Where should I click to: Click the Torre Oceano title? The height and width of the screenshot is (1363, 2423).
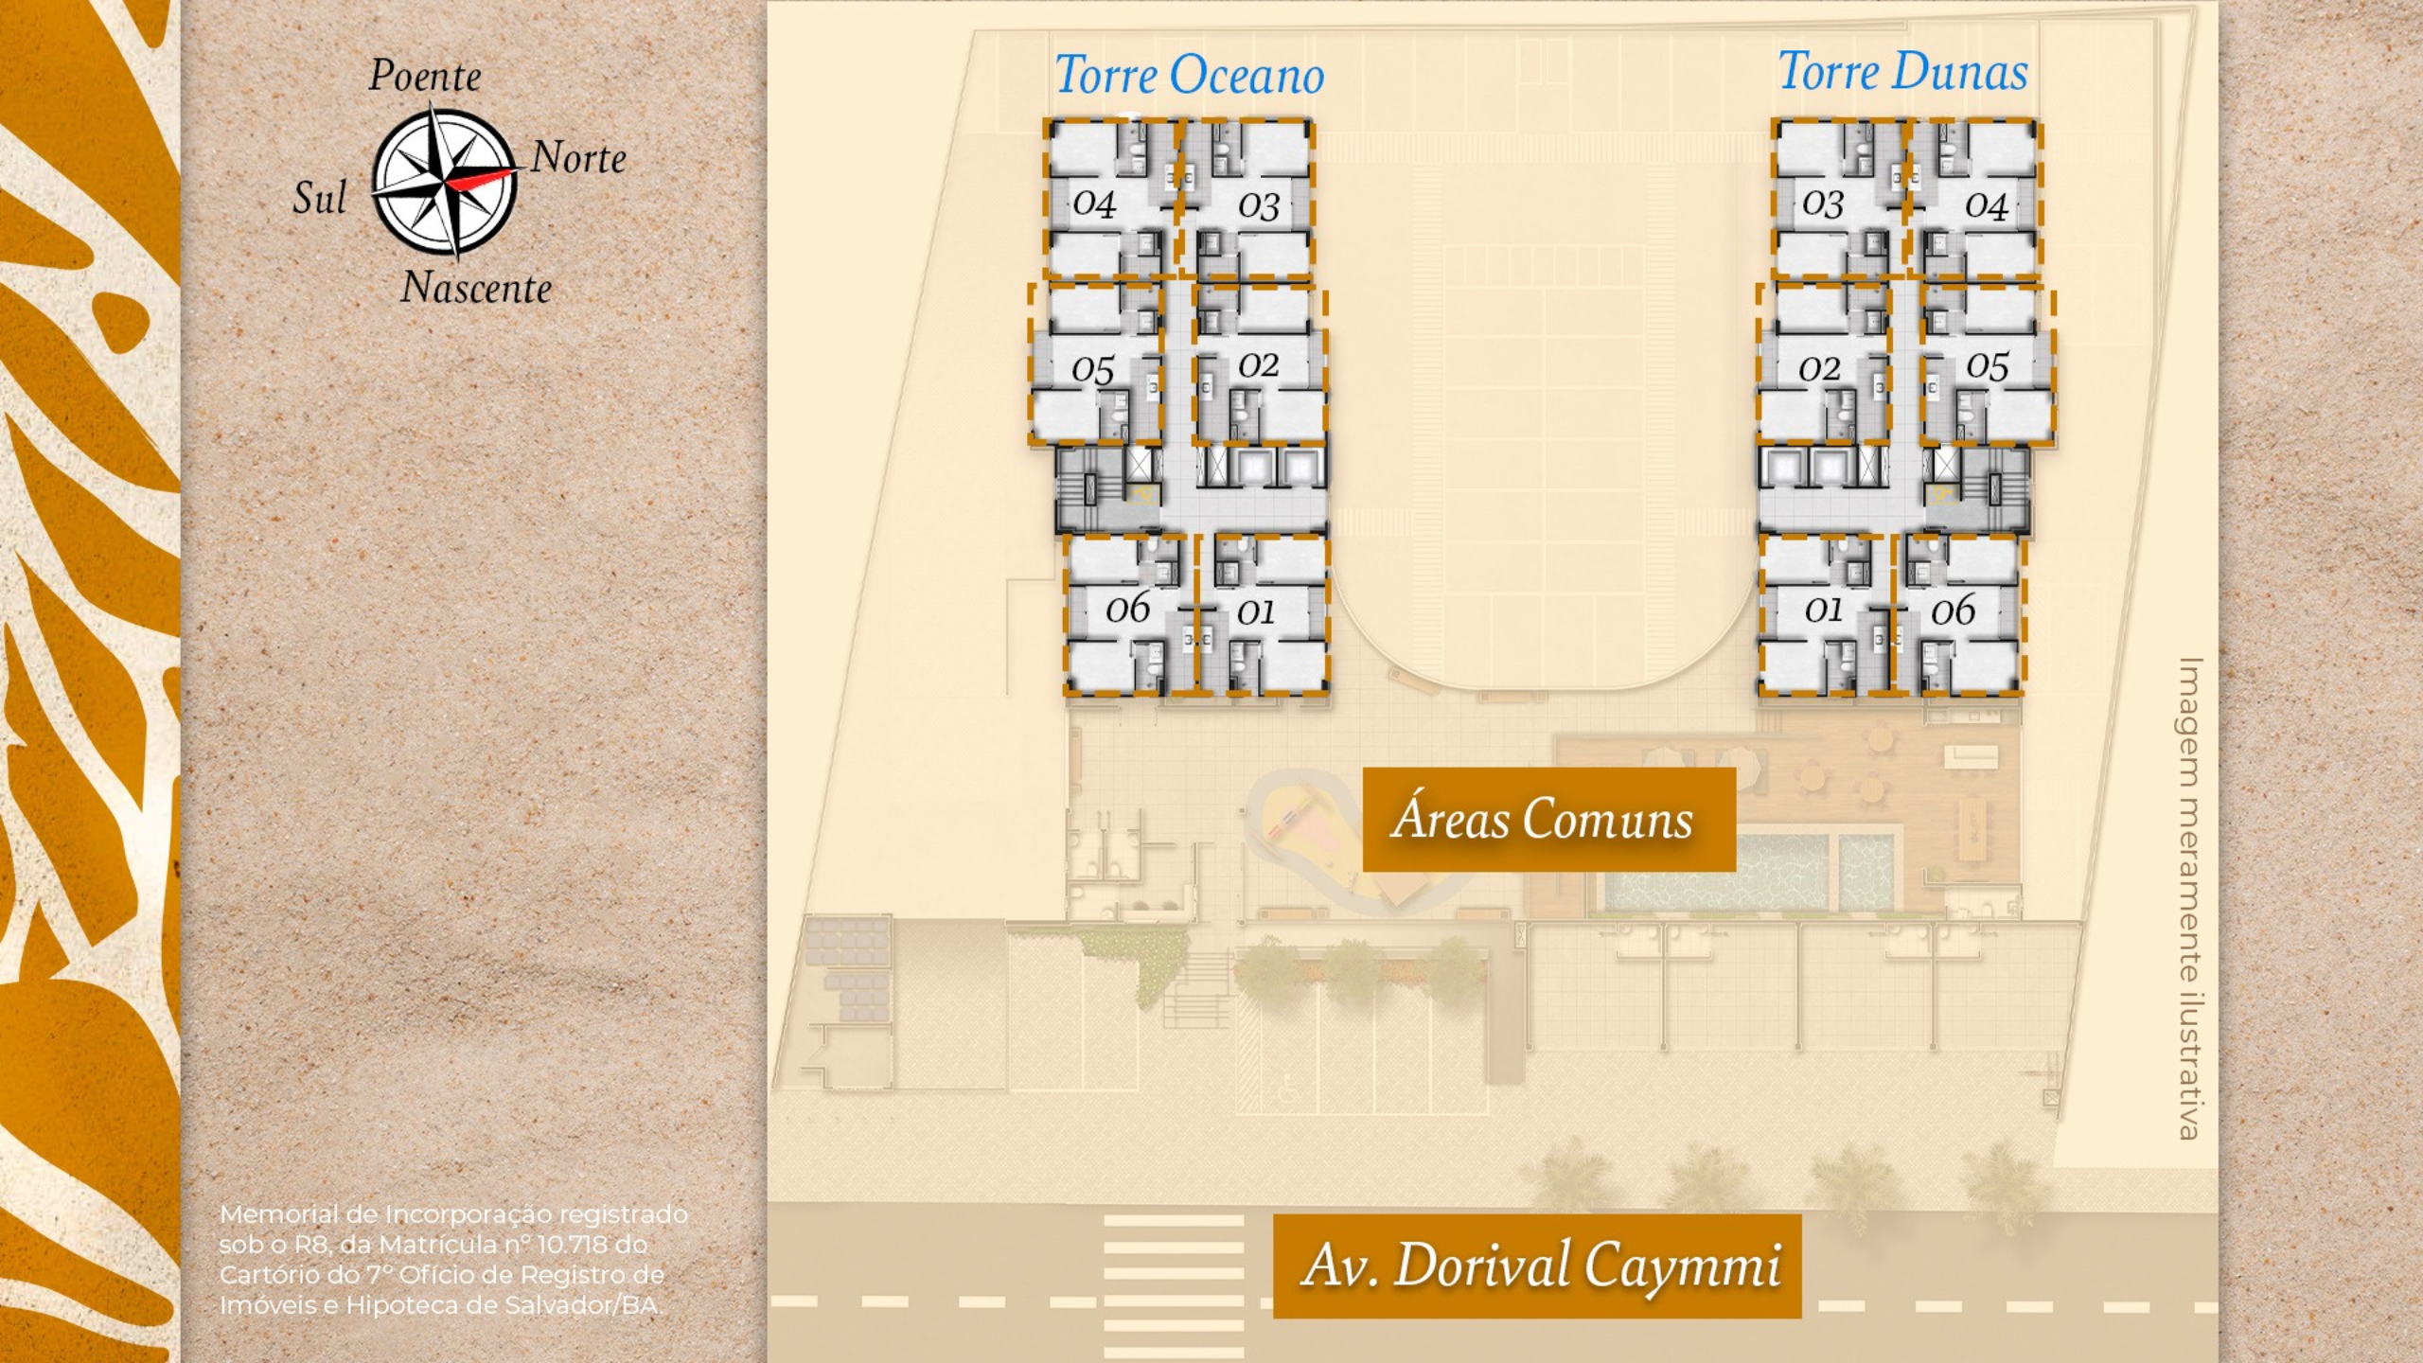[x=1190, y=75]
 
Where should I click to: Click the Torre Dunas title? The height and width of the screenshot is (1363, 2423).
[x=1903, y=71]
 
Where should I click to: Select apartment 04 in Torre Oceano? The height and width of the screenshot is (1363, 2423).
[x=1111, y=199]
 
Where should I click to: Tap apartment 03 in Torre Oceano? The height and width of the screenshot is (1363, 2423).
[x=1247, y=199]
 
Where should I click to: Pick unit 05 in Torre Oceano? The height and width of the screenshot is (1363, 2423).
[x=1097, y=364]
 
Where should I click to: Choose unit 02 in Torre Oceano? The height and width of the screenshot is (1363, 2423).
[x=1260, y=364]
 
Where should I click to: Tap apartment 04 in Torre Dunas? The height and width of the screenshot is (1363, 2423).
[x=1974, y=199]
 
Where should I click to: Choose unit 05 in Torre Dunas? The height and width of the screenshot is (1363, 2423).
[x=1989, y=364]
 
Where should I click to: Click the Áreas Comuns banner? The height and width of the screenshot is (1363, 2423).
[x=1549, y=819]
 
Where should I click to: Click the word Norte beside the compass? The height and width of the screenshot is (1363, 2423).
[x=578, y=158]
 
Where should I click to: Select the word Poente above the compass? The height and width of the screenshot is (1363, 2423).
[x=425, y=76]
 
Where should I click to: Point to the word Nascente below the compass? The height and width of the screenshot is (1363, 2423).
[x=476, y=287]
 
